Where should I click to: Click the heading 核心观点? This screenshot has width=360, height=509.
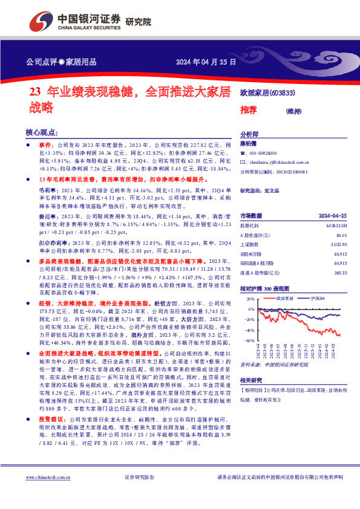(42, 132)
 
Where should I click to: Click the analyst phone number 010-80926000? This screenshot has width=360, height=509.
(263, 154)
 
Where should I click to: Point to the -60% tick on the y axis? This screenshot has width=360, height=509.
(250, 341)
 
